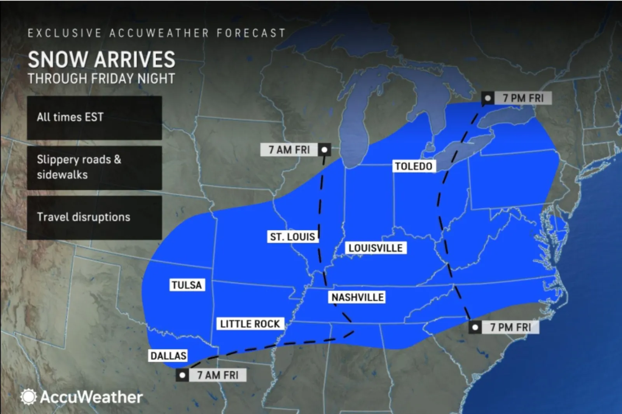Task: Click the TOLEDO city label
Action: pos(414,166)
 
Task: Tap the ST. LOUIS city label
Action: pos(293,237)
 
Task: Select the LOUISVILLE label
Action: pos(376,248)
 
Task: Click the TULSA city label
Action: pos(187,285)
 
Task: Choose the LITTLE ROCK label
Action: pos(250,324)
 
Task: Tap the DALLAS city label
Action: pos(168,356)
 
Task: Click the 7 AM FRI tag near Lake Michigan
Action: pos(290,150)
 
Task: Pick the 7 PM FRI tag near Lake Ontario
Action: pos(523,98)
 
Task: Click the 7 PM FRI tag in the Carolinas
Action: pos(510,327)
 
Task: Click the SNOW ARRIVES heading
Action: pos(101,60)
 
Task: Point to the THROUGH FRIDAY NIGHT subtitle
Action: pos(101,79)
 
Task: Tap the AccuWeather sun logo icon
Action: pos(28,397)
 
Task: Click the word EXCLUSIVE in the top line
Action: pos(65,33)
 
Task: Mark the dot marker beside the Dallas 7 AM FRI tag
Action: pos(182,375)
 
